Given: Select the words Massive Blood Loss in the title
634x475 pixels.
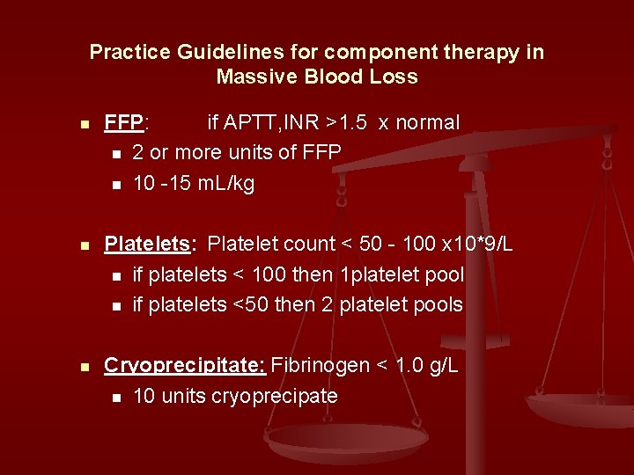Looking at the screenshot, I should [x=317, y=77].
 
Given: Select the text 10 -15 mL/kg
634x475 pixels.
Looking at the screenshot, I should [x=193, y=183].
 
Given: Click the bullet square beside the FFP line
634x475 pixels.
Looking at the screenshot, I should [x=85, y=124].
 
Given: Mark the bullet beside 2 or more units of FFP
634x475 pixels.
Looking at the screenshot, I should [x=115, y=154].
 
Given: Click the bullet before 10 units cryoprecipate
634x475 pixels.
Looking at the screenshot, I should [x=115, y=398].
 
